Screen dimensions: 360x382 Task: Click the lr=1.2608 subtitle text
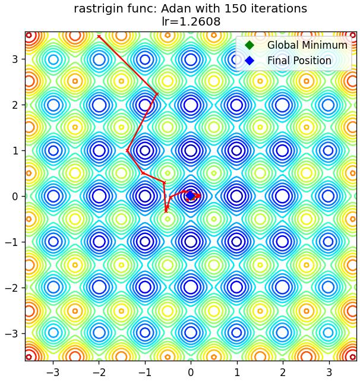coord(191,21)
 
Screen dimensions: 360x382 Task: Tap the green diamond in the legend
coord(250,45)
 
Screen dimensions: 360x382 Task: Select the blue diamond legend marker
coord(250,61)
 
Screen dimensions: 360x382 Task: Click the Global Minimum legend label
coord(307,45)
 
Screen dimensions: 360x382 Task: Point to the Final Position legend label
coord(299,61)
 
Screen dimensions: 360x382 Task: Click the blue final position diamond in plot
coord(190,195)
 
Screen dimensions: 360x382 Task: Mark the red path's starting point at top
coord(99,37)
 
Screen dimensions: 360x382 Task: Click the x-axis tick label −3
coord(53,372)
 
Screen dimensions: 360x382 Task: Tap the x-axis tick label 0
coord(191,372)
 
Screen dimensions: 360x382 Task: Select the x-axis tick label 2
coord(283,372)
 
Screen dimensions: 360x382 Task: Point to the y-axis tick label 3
coord(15,59)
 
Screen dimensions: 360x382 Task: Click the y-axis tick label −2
coord(11,288)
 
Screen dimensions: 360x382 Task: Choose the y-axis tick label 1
coord(15,151)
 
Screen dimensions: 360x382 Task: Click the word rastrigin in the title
coord(100,9)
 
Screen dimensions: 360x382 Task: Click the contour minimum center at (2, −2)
coord(283,287)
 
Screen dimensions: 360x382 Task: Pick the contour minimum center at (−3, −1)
coord(53,242)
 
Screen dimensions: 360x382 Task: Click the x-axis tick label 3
coord(329,372)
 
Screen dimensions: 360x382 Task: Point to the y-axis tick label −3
coord(11,333)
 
